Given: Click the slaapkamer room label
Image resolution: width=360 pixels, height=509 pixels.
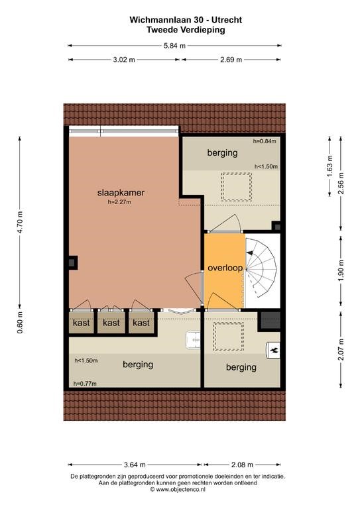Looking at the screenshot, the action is click(x=121, y=192).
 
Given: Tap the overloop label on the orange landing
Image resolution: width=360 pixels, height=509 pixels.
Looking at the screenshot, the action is click(x=225, y=268).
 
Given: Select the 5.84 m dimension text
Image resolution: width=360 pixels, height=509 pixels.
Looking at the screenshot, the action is click(x=174, y=46).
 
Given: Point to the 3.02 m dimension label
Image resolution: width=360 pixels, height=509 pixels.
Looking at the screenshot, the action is click(x=124, y=60).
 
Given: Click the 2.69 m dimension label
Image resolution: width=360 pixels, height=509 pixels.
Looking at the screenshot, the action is click(x=231, y=60).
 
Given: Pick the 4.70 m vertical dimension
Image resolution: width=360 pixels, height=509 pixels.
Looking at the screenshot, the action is click(x=20, y=222).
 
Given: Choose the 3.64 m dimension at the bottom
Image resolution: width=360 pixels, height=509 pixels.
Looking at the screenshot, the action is click(x=135, y=465).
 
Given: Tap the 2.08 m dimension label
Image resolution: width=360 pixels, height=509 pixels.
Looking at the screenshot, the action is click(x=242, y=465).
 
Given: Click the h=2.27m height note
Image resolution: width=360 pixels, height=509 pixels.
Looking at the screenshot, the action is click(x=119, y=202).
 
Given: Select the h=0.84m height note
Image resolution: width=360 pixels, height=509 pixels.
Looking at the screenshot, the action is click(x=265, y=141).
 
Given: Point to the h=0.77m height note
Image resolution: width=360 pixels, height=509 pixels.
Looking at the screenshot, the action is click(x=85, y=384).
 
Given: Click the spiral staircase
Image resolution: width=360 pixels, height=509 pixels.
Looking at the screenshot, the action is click(x=261, y=268).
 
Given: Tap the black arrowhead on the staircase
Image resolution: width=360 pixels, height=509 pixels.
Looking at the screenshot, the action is click(x=249, y=253).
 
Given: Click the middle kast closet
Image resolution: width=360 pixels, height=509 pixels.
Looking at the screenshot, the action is click(x=111, y=322).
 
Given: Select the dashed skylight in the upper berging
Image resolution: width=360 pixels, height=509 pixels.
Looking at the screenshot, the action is click(x=237, y=187).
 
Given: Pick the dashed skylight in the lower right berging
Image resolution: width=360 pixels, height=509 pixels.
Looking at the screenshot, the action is click(x=229, y=337).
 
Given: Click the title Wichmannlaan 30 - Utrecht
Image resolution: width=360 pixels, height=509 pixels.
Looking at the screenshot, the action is click(x=186, y=20).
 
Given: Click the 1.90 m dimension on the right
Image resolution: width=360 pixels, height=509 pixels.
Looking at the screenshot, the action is click(x=341, y=270).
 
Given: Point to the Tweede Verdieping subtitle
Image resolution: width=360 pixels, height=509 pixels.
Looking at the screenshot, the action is click(x=186, y=30).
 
